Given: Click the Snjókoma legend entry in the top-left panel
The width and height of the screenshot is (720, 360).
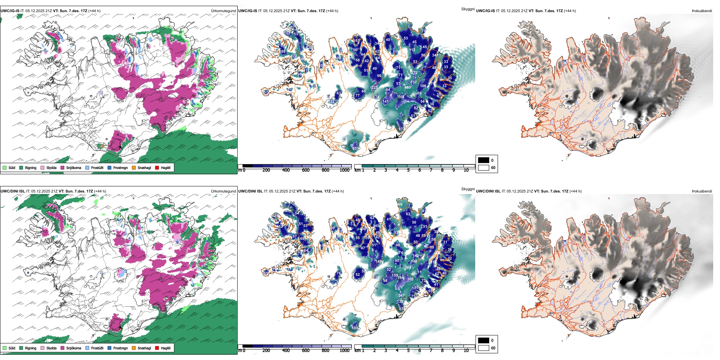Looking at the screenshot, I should tap(73, 167).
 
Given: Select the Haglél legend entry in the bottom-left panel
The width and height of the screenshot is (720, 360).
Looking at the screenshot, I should tap(165, 348).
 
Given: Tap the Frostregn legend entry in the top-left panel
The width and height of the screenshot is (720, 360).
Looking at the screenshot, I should tap(120, 167).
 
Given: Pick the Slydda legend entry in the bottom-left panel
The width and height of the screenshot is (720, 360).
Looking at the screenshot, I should tap(51, 348).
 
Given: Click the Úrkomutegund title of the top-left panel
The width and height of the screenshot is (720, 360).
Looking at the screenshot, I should tap(223, 11).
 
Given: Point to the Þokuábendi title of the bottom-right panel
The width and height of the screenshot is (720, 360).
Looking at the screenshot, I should tap(702, 191).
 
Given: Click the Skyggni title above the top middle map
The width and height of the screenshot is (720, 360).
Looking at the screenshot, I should tap(468, 9).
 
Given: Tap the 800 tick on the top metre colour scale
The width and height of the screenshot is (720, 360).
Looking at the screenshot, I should tap(325, 170).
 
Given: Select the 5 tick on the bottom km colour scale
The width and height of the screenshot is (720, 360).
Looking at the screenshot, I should tap(408, 351).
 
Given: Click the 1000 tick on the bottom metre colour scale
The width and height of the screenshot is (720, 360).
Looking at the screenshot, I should tap(344, 351).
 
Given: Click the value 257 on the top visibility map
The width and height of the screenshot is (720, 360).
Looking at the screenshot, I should tap(356, 148).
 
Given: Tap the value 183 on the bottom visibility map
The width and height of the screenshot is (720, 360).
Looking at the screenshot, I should tap(355, 328).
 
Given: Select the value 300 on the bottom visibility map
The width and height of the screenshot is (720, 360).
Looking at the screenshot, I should tap(410, 279).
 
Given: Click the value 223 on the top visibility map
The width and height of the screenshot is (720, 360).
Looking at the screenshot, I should tap(374, 88).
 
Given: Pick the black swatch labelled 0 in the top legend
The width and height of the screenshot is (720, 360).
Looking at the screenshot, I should tap(484, 160).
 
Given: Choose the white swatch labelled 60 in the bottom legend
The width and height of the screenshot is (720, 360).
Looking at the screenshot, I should tap(484, 348).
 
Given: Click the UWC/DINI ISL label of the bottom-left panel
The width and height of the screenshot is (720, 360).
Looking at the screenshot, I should tap(13, 191).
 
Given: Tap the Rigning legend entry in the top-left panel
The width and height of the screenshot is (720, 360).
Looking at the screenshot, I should tap(30, 167).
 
